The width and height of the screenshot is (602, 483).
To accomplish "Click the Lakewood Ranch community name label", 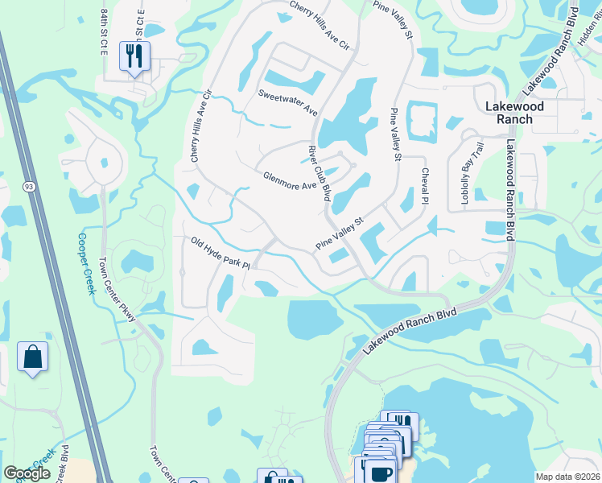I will [514, 113].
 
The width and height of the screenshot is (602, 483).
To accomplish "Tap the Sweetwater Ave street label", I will [288, 102].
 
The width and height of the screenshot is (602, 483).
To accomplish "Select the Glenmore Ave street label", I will [290, 181].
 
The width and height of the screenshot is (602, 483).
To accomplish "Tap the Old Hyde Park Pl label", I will [221, 253].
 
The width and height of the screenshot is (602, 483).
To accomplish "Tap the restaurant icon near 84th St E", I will [134, 56].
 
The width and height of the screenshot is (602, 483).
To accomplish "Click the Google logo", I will [27, 473].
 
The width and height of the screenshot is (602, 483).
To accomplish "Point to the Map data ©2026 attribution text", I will [567, 477].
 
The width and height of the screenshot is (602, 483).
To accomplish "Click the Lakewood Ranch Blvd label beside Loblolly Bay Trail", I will [510, 189].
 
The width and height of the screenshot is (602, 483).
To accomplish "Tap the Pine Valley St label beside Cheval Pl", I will [395, 134].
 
